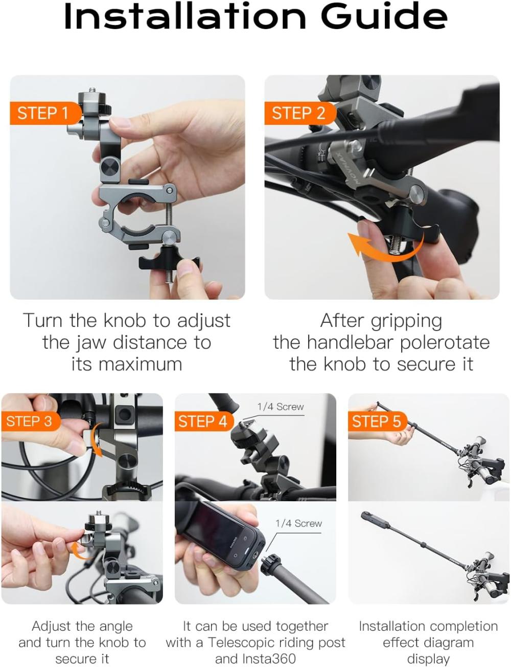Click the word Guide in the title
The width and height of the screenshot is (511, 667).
[384, 16]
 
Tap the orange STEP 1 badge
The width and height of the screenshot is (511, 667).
[45, 113]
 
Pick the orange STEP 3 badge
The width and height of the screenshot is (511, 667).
[30, 421]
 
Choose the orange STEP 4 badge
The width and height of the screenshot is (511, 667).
[203, 421]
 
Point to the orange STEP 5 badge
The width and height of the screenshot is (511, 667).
[377, 421]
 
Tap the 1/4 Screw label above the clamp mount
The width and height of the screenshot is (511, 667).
[281, 407]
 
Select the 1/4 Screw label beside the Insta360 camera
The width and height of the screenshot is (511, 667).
[298, 523]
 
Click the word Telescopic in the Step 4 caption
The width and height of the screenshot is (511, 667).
[244, 642]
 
